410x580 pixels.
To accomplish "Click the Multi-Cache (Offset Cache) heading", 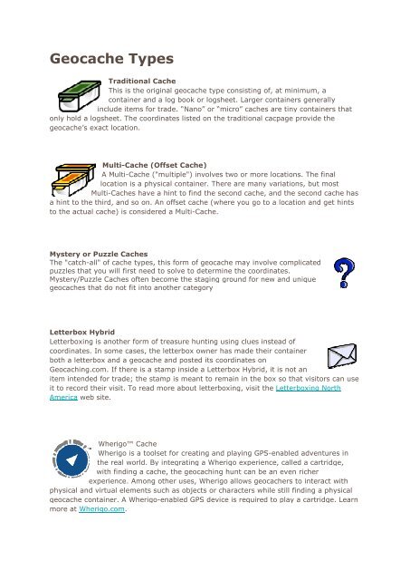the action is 155,164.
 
